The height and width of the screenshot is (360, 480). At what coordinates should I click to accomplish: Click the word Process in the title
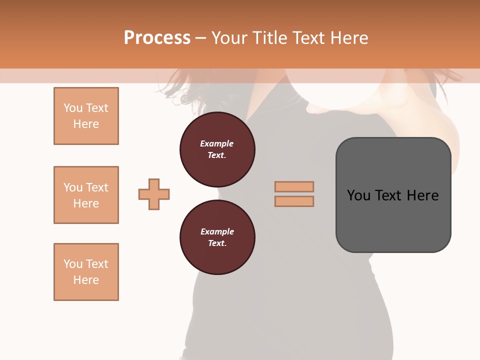pos(157,38)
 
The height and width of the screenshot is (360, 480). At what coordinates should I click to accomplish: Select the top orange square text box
pos(86,116)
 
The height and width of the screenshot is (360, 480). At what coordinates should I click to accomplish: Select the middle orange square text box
pos(86,195)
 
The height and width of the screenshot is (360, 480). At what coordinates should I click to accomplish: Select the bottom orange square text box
pos(86,272)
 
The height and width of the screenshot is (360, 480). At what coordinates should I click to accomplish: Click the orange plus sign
pos(154,194)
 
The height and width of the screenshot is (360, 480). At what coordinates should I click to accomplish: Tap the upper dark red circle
pos(217,149)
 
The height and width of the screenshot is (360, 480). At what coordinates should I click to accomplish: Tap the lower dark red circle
pos(217,237)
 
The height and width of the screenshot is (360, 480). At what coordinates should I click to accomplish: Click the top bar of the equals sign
pos(294,186)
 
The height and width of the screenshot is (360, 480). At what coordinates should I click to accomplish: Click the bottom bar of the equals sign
pos(294,201)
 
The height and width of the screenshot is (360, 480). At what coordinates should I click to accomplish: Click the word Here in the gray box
pos(423,195)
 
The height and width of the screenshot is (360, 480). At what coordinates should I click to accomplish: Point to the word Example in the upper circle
pos(217,143)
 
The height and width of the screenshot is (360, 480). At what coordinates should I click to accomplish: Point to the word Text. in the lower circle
pos(217,243)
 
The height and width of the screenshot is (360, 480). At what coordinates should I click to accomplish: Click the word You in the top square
pos(73,108)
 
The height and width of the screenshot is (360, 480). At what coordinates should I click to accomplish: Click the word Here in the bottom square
pos(86,280)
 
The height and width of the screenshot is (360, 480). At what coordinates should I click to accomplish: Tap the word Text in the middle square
pos(97,187)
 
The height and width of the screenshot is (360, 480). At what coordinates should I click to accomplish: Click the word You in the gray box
pos(358,195)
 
